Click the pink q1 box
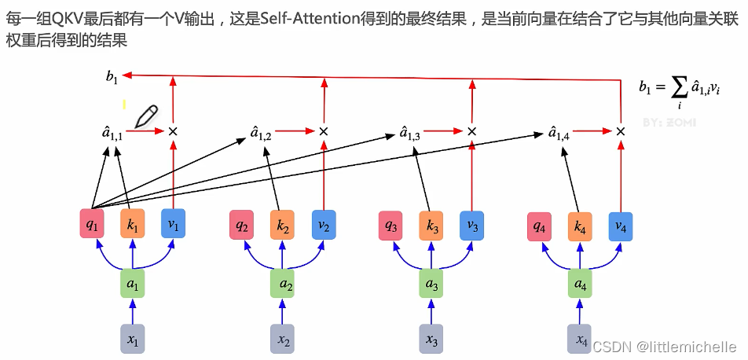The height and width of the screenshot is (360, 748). pyautogui.click(x=92, y=225)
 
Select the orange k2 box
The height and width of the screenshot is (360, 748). pyautogui.click(x=284, y=225)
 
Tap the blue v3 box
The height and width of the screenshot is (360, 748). pyautogui.click(x=471, y=225)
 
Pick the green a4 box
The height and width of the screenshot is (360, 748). pyautogui.click(x=580, y=283)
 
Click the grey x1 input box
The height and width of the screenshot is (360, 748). pyautogui.click(x=133, y=340)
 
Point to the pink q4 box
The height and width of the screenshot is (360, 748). pyautogui.click(x=539, y=226)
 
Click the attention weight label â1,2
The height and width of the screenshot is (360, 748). pyautogui.click(x=261, y=134)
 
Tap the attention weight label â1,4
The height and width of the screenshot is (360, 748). pyautogui.click(x=559, y=134)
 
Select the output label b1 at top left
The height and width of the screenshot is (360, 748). pyautogui.click(x=112, y=76)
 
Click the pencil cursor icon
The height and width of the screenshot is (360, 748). pyautogui.click(x=146, y=116)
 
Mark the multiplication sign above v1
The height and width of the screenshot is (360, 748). pyautogui.click(x=173, y=130)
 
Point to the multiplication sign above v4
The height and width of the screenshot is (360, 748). pyautogui.click(x=620, y=130)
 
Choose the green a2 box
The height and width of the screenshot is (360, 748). pyautogui.click(x=284, y=283)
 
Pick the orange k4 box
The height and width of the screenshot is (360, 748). pyautogui.click(x=580, y=226)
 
